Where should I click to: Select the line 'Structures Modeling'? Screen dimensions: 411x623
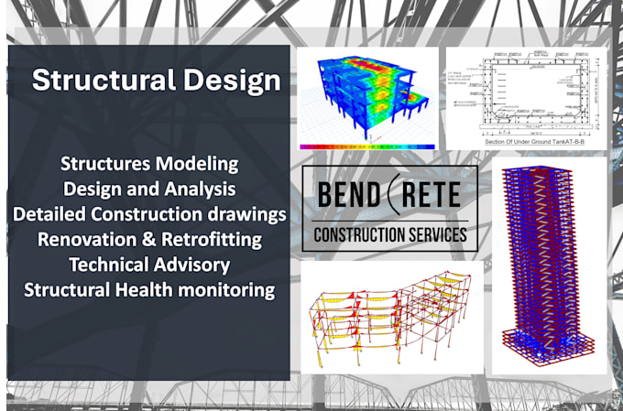pyautogui.click(x=149, y=165)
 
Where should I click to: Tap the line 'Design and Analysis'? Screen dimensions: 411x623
pyautogui.click(x=149, y=189)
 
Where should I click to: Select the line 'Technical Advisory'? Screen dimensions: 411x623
pyautogui.click(x=149, y=265)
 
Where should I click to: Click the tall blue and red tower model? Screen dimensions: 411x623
pyautogui.click(x=550, y=265)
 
